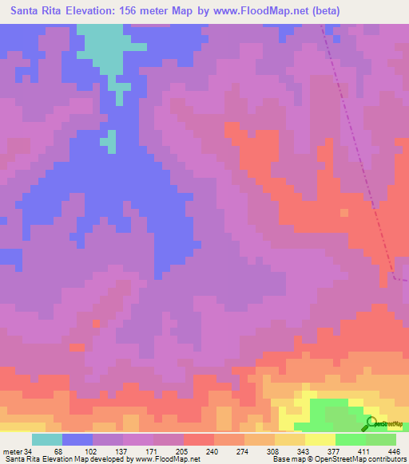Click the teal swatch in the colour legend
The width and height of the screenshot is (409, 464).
[47, 440]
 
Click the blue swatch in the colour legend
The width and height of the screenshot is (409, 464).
[77, 440]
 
